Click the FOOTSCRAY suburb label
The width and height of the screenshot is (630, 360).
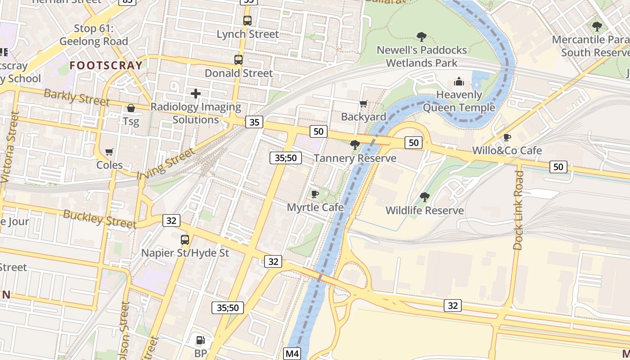(106, 65)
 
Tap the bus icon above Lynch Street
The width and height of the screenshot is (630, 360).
(247, 20)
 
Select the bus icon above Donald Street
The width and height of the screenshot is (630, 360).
(238, 59)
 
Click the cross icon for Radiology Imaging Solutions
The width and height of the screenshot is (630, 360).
(195, 94)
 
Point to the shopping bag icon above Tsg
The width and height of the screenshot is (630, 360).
(131, 108)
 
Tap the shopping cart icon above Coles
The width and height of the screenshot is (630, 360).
(109, 152)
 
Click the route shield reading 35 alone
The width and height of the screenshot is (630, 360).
(254, 121)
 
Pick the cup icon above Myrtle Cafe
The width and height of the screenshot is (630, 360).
(315, 194)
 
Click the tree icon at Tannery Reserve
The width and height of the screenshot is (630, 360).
(355, 144)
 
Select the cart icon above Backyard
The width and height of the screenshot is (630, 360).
(363, 104)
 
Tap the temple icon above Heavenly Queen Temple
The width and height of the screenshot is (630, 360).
(459, 81)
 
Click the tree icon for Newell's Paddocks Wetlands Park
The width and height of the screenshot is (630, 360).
(421, 36)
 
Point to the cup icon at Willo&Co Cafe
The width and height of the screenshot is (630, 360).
(507, 137)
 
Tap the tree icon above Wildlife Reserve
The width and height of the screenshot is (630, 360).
(424, 197)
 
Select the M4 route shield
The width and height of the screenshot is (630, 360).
(292, 354)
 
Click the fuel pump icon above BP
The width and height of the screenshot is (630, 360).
(201, 340)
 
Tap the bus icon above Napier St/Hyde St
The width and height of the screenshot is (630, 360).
(184, 239)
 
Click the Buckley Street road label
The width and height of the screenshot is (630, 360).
(99, 219)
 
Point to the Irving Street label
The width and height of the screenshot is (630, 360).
(166, 163)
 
